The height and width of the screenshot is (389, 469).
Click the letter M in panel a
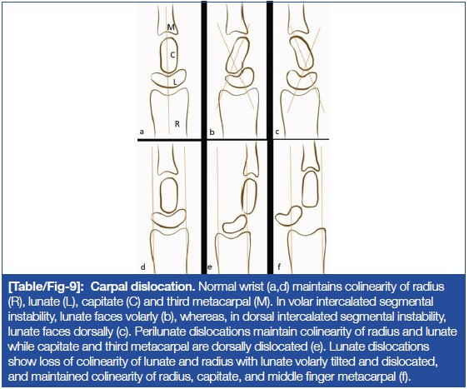(x=171, y=27)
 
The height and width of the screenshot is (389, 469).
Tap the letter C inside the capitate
(x=172, y=55)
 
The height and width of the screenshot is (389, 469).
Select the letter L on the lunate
(x=175, y=82)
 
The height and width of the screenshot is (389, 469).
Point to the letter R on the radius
(x=177, y=124)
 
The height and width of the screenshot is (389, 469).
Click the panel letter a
(x=142, y=132)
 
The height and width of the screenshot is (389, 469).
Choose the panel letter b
(x=212, y=132)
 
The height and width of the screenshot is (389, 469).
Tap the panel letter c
(x=277, y=132)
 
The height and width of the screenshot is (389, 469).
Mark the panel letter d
(x=143, y=267)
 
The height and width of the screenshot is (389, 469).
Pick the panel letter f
(x=279, y=266)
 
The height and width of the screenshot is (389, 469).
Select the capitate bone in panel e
(x=242, y=196)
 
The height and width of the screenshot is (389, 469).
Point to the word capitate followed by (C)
(x=101, y=302)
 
